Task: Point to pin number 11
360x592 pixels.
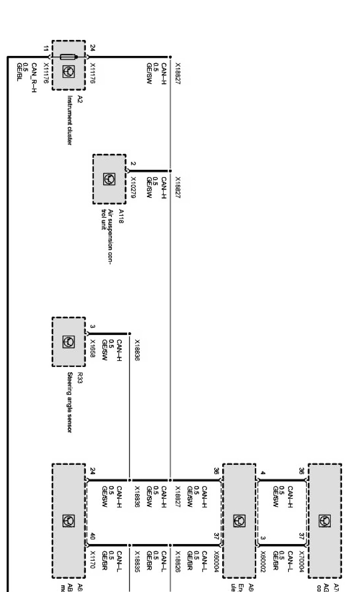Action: point(46,48)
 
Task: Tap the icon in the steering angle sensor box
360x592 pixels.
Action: point(69,342)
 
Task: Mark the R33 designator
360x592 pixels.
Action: point(80,378)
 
